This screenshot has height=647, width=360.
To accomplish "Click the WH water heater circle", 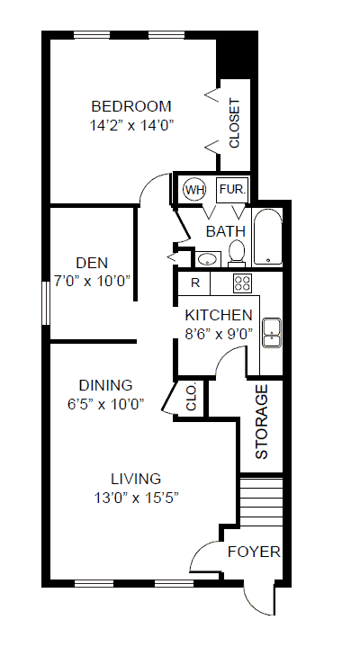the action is [x=194, y=190].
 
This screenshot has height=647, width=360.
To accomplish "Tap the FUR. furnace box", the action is [x=233, y=190].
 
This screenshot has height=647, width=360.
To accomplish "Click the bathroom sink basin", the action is [x=207, y=259].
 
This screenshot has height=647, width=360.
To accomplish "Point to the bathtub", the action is [x=267, y=236].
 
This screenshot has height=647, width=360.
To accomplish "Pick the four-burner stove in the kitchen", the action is [x=242, y=283].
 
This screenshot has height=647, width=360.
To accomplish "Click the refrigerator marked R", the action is [x=194, y=283].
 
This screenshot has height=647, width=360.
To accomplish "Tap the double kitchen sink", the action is [x=272, y=333].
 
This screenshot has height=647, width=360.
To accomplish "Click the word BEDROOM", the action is [x=131, y=106].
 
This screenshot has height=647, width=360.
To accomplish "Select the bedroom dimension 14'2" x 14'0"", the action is [x=130, y=125].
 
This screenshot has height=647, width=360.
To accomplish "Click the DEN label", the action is [x=92, y=263].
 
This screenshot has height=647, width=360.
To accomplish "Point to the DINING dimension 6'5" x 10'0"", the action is [x=105, y=404].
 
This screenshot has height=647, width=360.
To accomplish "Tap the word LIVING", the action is [x=136, y=479].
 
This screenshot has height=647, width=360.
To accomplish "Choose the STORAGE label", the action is [x=262, y=422].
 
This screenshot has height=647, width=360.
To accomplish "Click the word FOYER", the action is [x=254, y=552].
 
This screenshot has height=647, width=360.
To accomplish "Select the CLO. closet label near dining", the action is [x=191, y=398].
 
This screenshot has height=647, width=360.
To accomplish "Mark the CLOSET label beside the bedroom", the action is [x=234, y=123].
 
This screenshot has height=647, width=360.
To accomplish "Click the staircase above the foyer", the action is [x=261, y=501].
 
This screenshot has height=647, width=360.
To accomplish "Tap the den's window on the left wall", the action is [x=46, y=303].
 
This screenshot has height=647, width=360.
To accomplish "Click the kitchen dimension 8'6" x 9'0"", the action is [x=219, y=334].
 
